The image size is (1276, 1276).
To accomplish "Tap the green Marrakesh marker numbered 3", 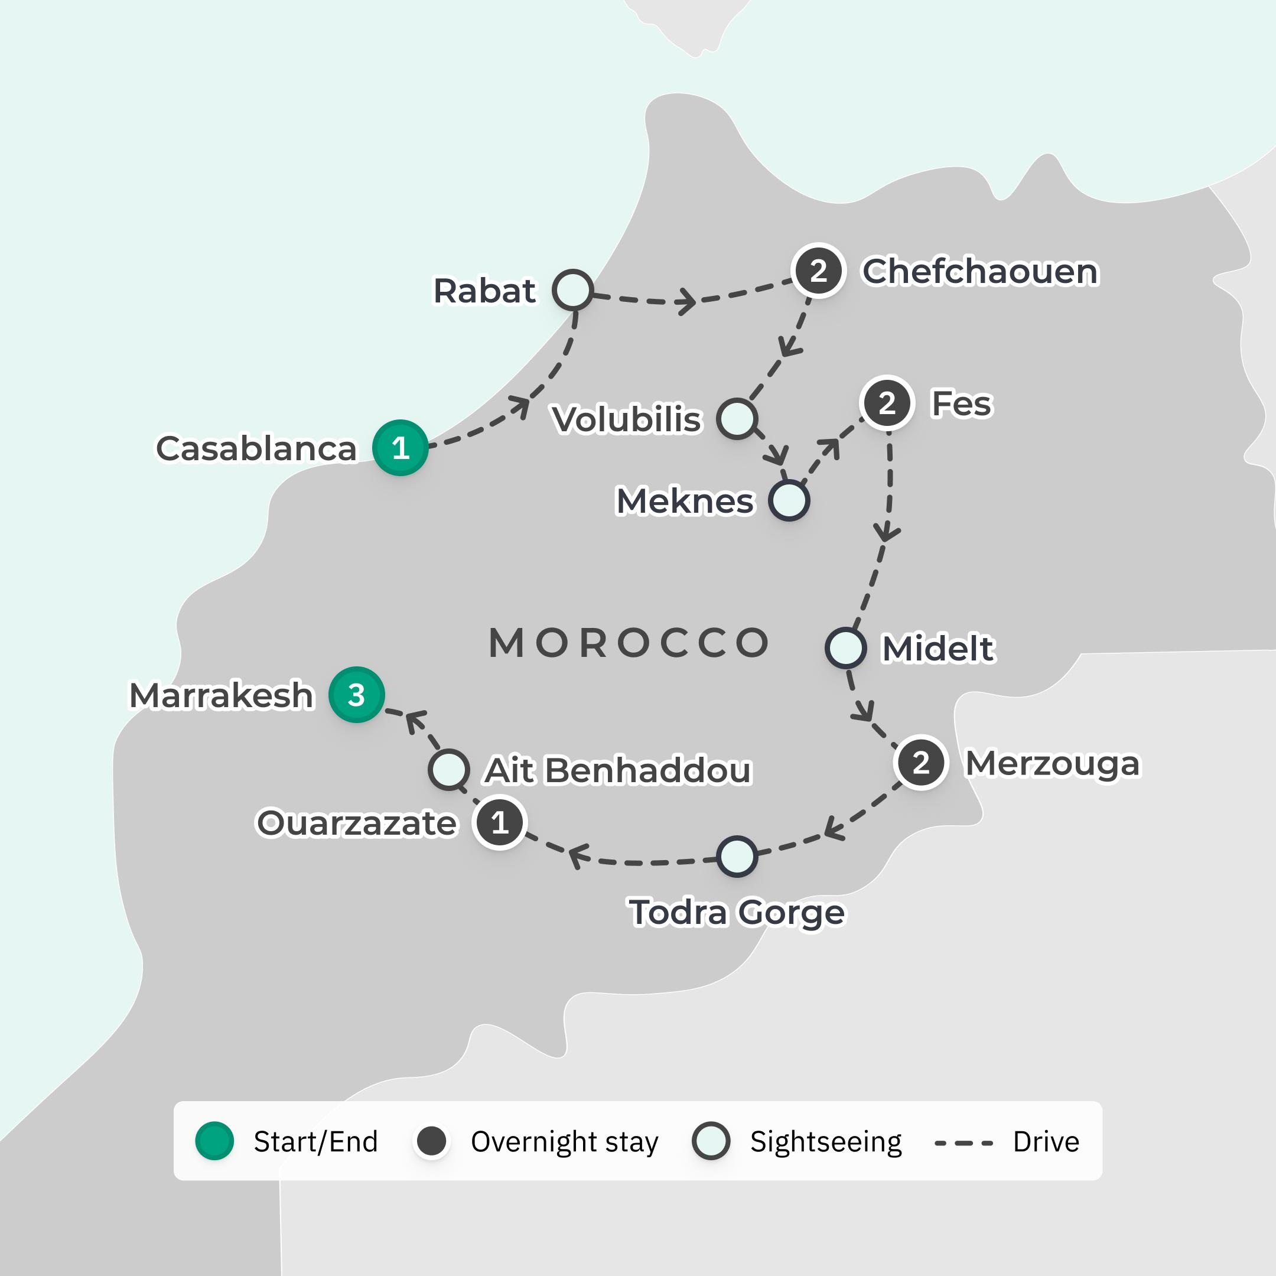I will tap(357, 695).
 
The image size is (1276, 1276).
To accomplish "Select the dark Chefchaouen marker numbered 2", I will tap(818, 271).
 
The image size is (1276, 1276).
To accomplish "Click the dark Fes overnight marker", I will tap(887, 403).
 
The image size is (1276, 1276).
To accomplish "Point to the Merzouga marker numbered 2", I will tap(921, 763).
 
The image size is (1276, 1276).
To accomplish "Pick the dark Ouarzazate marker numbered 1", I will tap(500, 822).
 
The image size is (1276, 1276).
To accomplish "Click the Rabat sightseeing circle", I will tap(572, 289).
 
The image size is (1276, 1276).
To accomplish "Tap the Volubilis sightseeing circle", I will tap(737, 419).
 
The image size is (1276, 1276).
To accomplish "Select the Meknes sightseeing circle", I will tap(789, 500).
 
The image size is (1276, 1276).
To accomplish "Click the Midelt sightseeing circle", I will tap(845, 648).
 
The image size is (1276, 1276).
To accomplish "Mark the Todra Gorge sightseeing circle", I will tap(737, 857).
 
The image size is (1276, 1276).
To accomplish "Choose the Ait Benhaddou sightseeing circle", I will tap(448, 769).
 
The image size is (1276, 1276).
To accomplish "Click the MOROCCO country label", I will tap(629, 643).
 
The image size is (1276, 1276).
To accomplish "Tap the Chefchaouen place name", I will tap(980, 272).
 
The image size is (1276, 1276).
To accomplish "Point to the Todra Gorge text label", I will tap(737, 913).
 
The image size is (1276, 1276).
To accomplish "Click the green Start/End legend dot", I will tap(214, 1141).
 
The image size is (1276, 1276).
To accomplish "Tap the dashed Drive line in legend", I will tap(963, 1142).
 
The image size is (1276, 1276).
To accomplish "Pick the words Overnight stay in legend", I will tap(564, 1142).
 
